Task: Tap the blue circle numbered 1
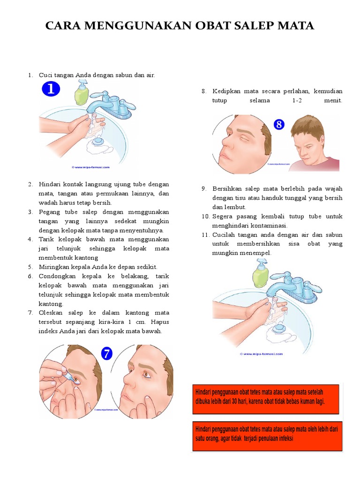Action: [x=51, y=89]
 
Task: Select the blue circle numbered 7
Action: [x=108, y=353]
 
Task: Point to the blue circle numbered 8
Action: [x=279, y=125]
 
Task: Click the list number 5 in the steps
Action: [x=30, y=267]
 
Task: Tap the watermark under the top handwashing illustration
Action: [x=90, y=166]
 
